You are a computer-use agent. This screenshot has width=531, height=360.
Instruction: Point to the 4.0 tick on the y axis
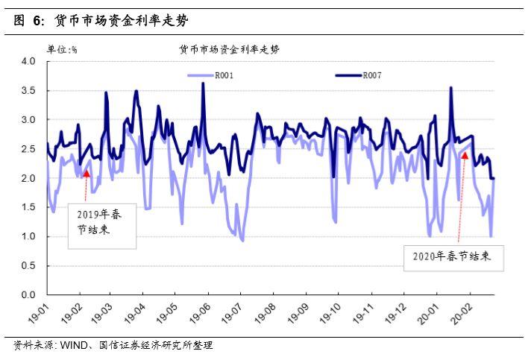click(28, 61)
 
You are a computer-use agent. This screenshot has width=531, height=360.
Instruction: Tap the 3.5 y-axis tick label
click(28, 90)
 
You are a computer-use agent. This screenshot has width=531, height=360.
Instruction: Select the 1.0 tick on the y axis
click(28, 236)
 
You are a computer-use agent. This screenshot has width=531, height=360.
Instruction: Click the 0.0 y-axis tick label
click(28, 295)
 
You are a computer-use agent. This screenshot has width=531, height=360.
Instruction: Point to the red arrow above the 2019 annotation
click(86, 174)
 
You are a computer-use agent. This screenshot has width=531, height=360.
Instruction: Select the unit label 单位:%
click(63, 49)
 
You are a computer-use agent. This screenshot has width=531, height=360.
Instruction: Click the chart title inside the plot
click(229, 49)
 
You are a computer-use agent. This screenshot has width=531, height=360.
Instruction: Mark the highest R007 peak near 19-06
click(203, 83)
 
